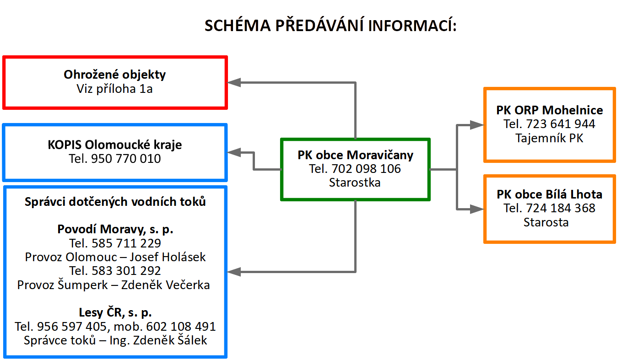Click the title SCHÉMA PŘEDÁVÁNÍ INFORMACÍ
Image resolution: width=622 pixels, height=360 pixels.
pyautogui.click(x=330, y=26)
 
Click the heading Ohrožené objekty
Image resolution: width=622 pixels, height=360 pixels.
pyautogui.click(x=114, y=75)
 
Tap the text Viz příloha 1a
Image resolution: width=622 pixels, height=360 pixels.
pyautogui.click(x=114, y=89)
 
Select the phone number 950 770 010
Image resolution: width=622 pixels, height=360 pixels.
pyautogui.click(x=126, y=159)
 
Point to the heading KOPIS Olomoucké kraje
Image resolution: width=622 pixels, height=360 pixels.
pyautogui.click(x=114, y=145)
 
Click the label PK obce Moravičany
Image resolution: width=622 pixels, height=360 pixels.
pyautogui.click(x=355, y=155)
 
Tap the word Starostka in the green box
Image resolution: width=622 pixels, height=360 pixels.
pyautogui.click(x=355, y=183)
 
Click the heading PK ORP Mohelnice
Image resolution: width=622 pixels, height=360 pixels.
pyautogui.click(x=549, y=110)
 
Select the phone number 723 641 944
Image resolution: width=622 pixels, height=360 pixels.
pyautogui.click(x=562, y=124)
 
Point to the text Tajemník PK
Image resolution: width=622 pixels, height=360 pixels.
pyautogui.click(x=549, y=138)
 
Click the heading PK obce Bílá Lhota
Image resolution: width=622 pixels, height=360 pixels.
pyautogui.click(x=549, y=194)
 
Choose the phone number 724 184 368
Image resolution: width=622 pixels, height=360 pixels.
pyautogui.click(x=562, y=208)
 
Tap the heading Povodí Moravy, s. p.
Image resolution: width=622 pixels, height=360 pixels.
pyautogui.click(x=115, y=229)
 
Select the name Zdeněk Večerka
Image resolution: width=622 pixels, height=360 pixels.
pyautogui.click(x=177, y=285)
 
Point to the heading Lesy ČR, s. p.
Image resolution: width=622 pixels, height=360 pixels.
pyautogui.click(x=115, y=313)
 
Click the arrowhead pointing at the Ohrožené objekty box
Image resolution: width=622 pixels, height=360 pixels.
pyautogui.click(x=234, y=82)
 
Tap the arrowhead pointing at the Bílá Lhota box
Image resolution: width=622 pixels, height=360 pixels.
pyautogui.click(x=477, y=209)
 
